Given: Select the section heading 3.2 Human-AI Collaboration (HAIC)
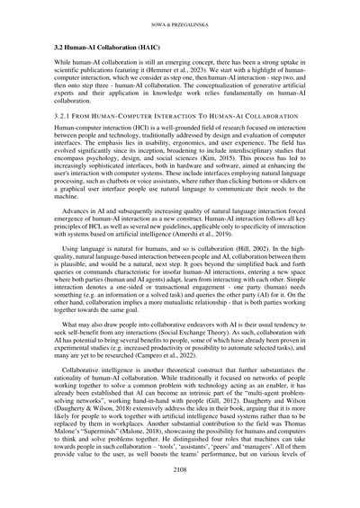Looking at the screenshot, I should pos(106,44).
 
